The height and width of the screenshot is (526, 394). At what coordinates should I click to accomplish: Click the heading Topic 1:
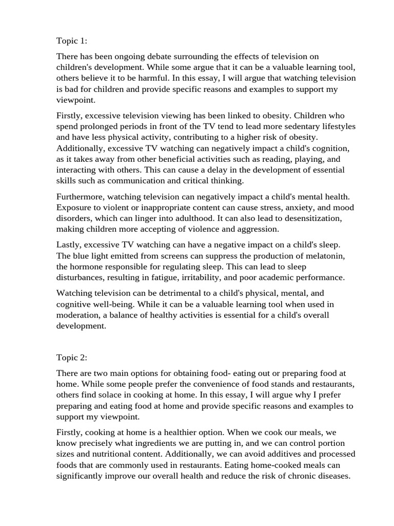72,41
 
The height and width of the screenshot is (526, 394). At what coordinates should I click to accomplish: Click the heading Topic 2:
72,357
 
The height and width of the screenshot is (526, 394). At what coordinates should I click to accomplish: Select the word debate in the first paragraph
147,57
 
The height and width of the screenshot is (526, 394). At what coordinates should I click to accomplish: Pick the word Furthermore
80,197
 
